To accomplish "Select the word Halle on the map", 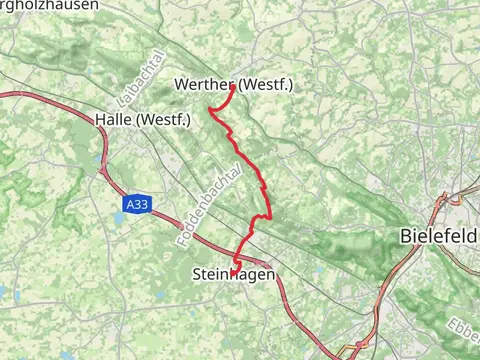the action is coord(115,120).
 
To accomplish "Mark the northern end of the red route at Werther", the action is coord(233,86).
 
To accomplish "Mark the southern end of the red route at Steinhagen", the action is coord(234,271).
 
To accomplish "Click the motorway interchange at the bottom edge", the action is coord(353,350).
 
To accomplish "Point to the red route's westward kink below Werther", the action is coord(210,108).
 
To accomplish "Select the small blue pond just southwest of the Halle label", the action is coord(99,159).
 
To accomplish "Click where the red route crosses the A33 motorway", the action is coord(240,252).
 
